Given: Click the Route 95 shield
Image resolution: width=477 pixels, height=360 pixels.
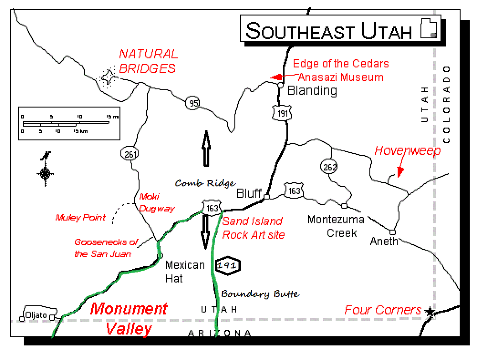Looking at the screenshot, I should click(x=193, y=103).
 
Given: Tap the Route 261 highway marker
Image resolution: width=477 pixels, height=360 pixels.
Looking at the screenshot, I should click(x=130, y=154).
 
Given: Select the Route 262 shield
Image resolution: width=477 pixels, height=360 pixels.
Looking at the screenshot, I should click(x=328, y=166).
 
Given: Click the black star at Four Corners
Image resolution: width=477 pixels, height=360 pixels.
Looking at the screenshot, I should click(x=429, y=312).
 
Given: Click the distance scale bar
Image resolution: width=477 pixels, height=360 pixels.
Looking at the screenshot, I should click(x=68, y=123).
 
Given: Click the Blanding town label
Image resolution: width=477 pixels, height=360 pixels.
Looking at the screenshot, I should click(x=312, y=91).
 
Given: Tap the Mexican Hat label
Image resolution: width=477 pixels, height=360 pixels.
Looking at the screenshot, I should click(x=185, y=272).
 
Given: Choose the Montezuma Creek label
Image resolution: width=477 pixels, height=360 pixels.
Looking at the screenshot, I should click(x=336, y=226).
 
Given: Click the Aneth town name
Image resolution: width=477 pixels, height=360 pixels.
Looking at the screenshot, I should click(x=384, y=241).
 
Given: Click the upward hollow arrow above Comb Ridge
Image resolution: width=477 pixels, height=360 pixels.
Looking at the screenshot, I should click(x=206, y=147).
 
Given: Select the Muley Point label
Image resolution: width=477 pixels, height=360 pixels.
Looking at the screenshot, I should click(x=80, y=218).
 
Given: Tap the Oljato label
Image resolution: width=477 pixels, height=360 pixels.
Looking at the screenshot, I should click(x=36, y=315).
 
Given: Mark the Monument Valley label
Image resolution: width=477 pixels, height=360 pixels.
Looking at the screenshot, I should click(x=129, y=319).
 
